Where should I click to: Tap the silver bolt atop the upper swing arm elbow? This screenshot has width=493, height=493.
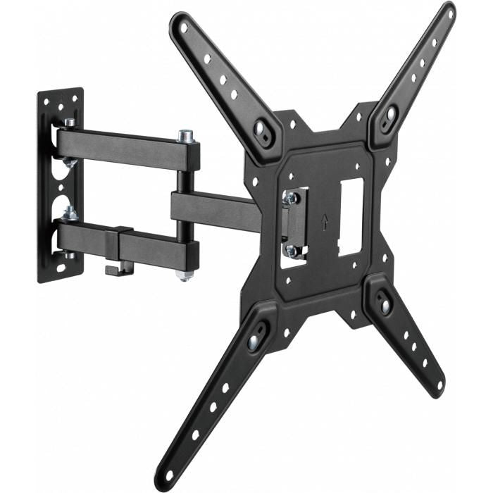[x=187, y=135]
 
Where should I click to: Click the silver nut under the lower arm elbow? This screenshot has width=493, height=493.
[x=185, y=275]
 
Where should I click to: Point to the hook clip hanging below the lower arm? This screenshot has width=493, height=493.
[x=113, y=268]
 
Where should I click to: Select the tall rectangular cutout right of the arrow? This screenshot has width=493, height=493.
[x=351, y=210]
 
